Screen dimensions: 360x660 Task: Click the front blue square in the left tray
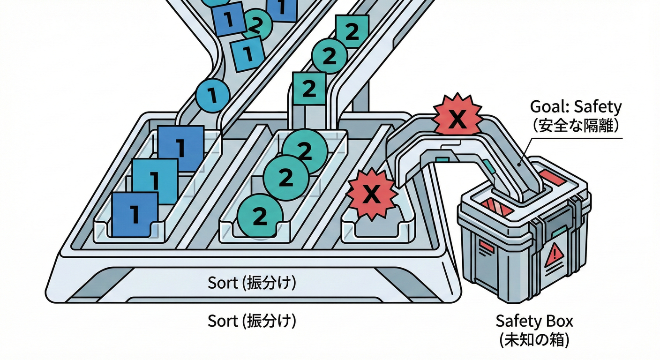click(135, 214)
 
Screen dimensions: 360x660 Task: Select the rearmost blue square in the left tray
click(181, 148)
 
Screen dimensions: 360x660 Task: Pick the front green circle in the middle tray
click(259, 217)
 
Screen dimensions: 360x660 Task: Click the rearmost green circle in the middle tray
click(304, 150)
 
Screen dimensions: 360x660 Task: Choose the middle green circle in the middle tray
click(285, 178)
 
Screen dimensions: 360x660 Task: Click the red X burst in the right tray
click(371, 194)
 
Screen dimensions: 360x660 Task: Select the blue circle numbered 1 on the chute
click(213, 96)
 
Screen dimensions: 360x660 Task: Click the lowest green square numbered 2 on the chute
click(309, 89)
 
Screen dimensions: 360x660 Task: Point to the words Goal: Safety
click(576, 107)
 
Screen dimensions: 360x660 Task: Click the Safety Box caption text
click(534, 322)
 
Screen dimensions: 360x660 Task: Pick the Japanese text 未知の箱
click(534, 339)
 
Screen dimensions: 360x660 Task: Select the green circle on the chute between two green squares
click(329, 56)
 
